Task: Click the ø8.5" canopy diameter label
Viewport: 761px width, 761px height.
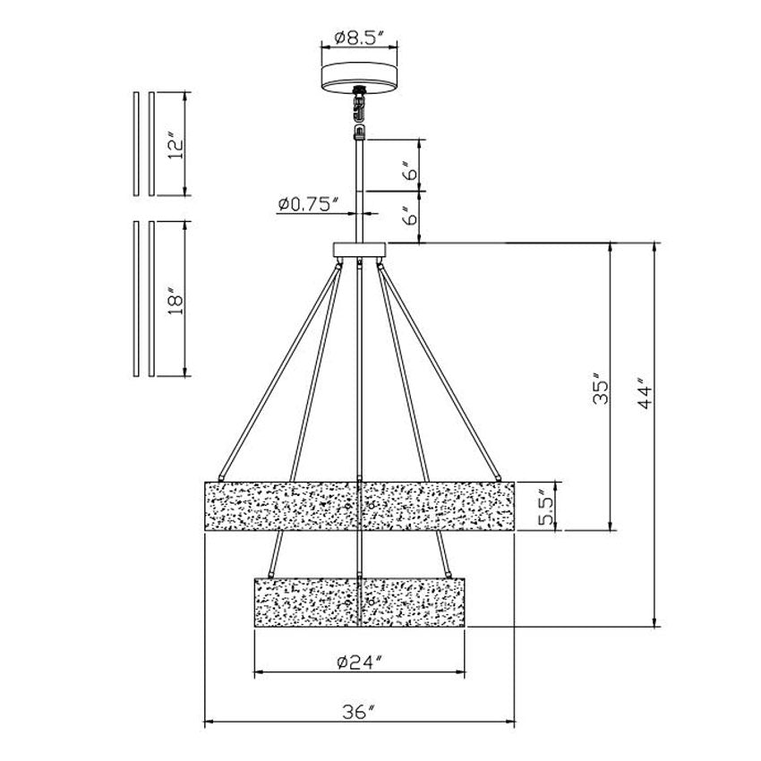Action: pyautogui.click(x=359, y=38)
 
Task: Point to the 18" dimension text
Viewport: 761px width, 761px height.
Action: pyautogui.click(x=175, y=299)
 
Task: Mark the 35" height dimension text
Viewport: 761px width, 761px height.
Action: pyautogui.click(x=601, y=389)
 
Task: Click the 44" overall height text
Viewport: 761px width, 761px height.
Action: pyautogui.click(x=646, y=395)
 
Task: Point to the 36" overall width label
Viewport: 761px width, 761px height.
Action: pyautogui.click(x=359, y=712)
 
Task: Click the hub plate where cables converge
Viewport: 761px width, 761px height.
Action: pyautogui.click(x=359, y=249)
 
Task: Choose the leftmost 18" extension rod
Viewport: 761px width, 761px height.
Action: pyautogui.click(x=135, y=299)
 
